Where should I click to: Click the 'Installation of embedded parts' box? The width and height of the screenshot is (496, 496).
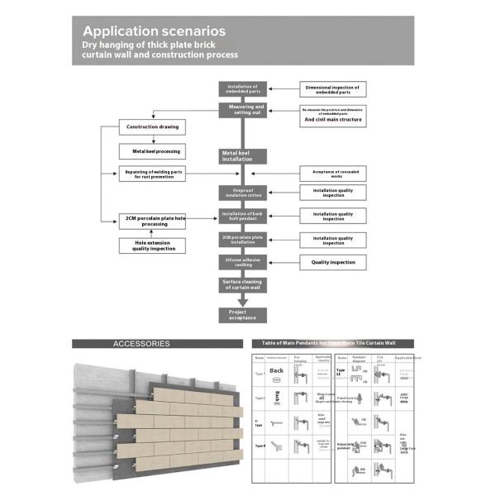tap(243, 89)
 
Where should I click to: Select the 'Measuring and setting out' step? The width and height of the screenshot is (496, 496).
tap(243, 110)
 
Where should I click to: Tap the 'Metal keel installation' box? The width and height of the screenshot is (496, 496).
tap(242, 155)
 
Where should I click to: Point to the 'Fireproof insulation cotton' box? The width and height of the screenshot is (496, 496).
tap(243, 193)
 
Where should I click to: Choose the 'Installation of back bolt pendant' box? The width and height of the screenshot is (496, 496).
tap(243, 216)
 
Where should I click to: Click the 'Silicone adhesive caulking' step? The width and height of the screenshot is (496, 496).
tap(243, 262)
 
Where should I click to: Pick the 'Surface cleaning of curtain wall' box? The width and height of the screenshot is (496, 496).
tap(243, 285)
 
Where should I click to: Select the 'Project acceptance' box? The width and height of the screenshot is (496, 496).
tap(243, 315)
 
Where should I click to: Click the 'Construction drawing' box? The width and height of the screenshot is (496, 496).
tap(151, 127)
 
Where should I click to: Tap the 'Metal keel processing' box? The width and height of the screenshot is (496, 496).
tap(151, 151)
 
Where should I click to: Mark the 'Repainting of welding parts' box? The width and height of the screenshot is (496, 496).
tap(152, 174)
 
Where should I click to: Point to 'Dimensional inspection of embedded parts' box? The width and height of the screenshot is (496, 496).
tap(332, 89)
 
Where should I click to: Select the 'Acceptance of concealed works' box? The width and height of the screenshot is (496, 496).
tap(332, 174)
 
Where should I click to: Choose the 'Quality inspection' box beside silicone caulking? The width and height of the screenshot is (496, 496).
tap(332, 262)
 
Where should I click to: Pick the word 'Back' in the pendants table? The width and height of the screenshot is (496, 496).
tap(276, 370)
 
